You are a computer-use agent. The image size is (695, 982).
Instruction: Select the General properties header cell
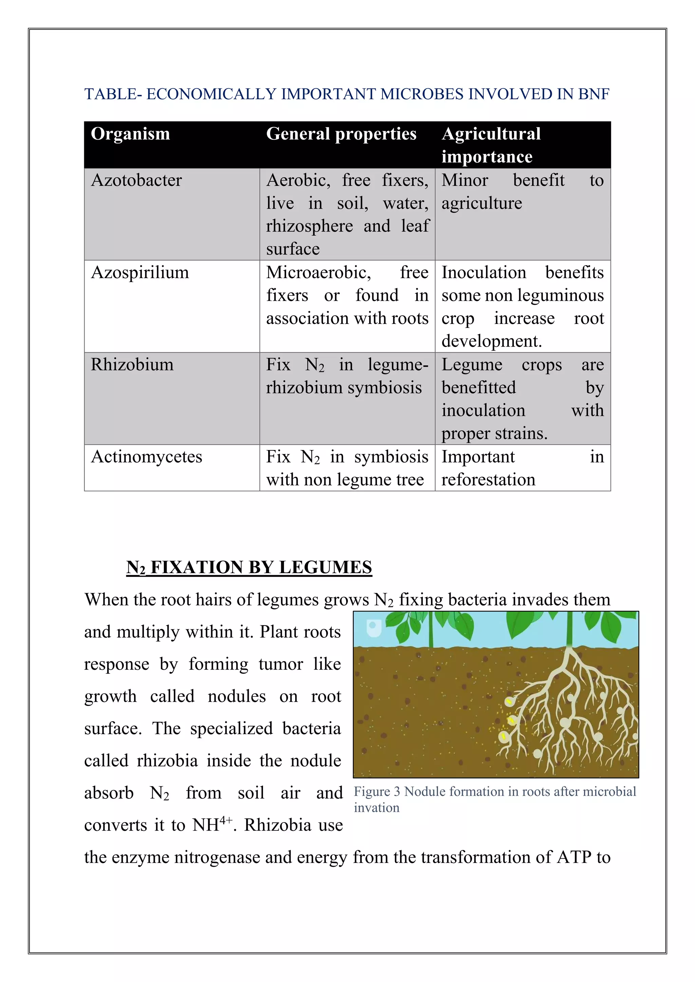click(x=341, y=134)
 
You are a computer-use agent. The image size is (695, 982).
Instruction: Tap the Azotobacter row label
click(x=136, y=180)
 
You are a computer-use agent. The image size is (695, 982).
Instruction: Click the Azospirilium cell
click(x=139, y=272)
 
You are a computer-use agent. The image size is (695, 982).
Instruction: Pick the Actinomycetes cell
click(x=146, y=457)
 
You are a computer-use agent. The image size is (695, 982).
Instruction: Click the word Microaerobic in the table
click(x=318, y=272)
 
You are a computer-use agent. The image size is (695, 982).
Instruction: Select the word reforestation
click(x=488, y=480)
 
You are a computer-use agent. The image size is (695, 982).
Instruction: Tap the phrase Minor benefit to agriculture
click(x=522, y=192)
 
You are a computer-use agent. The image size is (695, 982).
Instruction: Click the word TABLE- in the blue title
click(x=113, y=94)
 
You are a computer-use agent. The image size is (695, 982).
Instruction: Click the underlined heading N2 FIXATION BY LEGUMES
click(x=249, y=568)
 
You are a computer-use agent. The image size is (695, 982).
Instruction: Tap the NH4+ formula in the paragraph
click(x=212, y=825)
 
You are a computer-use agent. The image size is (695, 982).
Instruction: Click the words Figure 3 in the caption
click(x=377, y=792)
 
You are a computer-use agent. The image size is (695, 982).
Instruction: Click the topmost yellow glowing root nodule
click(x=509, y=702)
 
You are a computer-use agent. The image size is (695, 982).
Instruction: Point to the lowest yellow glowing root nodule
click(x=504, y=736)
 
